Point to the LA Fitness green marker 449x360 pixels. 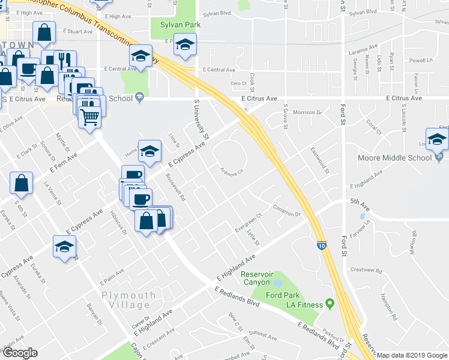(x=329, y=305)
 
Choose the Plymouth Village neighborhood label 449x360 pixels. (x=128, y=299)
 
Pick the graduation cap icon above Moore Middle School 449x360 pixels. (x=437, y=139)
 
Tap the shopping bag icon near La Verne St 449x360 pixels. (x=21, y=184)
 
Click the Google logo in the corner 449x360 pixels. (x=19, y=353)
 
